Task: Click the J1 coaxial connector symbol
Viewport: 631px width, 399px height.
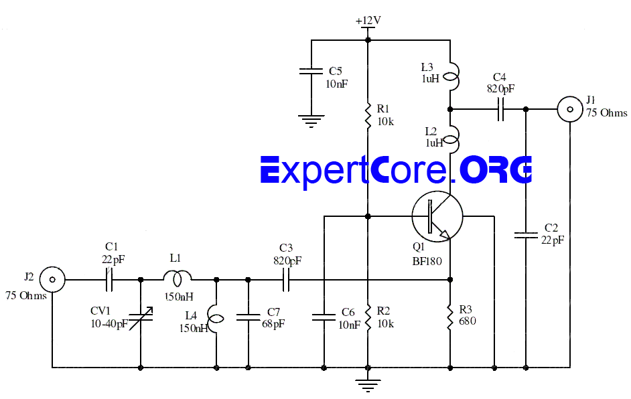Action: [x=570, y=108]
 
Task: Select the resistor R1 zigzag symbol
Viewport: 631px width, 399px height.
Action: [x=368, y=115]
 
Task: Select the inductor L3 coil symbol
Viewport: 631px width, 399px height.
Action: [x=453, y=76]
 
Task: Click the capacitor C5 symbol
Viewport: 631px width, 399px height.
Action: [x=311, y=72]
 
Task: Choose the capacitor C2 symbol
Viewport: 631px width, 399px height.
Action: [x=526, y=235]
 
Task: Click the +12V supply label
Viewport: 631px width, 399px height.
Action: [x=368, y=21]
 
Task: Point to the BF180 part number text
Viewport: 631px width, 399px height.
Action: [x=427, y=260]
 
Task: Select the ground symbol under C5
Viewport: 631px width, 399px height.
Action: [x=310, y=121]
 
